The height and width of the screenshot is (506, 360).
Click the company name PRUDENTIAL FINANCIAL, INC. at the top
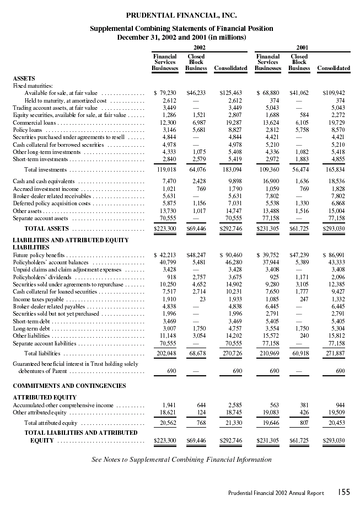pos(181,15)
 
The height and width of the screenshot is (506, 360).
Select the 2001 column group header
pos(303,47)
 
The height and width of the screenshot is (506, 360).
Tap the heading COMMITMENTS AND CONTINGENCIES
pos(69,386)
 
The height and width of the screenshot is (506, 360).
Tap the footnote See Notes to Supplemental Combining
pos(181,459)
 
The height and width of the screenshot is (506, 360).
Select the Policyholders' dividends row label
pos(37,276)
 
